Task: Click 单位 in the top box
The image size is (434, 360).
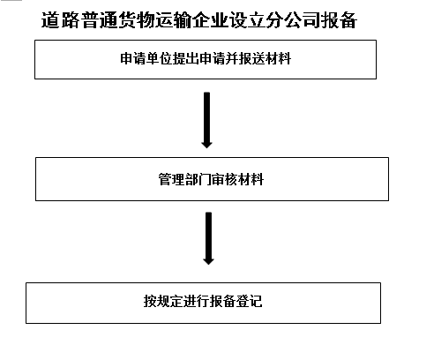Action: pos(159,58)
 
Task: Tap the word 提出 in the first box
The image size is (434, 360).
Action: pos(185,58)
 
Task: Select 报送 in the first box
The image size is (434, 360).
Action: pos(252,58)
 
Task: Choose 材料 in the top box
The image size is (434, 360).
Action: pos(279,58)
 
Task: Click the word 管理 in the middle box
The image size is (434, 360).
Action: pos(171,179)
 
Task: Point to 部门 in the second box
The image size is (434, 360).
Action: pos(198,179)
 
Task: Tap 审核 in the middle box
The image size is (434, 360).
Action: pos(224,179)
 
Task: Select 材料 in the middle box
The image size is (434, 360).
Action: pos(251,179)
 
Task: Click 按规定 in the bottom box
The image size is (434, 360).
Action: pos(163,301)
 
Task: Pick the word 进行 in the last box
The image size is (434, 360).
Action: pos(197,301)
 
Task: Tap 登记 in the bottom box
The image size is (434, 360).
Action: pos(250,301)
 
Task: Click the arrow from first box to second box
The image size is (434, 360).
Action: pos(206,120)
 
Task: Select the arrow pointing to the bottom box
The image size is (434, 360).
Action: pos(208,238)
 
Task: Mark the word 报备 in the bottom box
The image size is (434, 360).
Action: pos(223,301)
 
